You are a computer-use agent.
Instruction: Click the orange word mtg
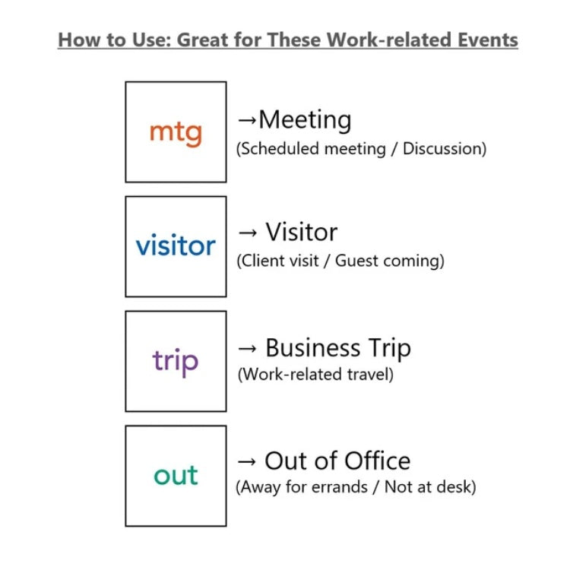coord(176,133)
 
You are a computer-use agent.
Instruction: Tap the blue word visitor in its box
coord(176,245)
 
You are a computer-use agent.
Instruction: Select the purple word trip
coord(176,362)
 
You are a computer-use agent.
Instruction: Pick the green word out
coord(176,475)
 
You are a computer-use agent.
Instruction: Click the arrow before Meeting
coord(247,120)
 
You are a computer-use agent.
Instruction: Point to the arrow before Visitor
coord(247,233)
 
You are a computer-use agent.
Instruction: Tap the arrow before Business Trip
coord(247,349)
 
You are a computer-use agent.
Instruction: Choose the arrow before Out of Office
coord(247,461)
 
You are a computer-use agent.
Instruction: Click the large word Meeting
coord(305,120)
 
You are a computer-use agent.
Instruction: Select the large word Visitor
coord(302,232)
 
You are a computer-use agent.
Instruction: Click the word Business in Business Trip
coord(313,347)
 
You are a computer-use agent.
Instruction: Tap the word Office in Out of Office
coord(377,461)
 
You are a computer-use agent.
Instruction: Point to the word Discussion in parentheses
coord(445,149)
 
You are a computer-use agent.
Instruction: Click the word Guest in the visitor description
coord(356,261)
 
